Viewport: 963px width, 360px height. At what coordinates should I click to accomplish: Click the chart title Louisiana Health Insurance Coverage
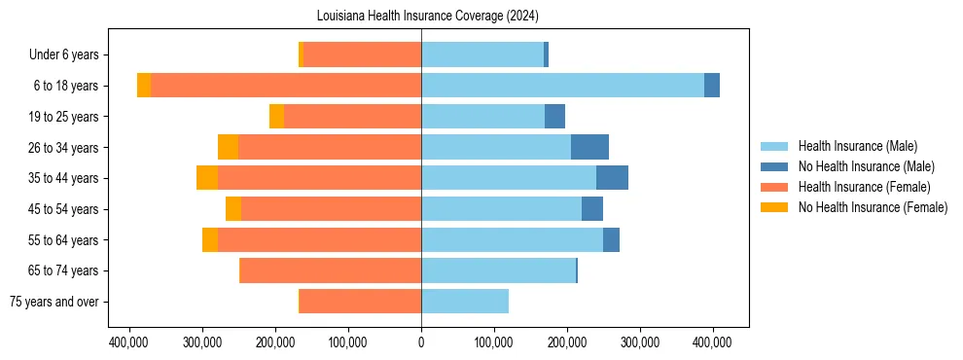[428, 17]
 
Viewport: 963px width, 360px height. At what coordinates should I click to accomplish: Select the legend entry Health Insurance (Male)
[857, 146]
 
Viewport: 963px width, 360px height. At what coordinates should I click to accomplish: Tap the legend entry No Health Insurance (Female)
[873, 207]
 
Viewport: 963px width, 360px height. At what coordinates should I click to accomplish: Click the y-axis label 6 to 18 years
[66, 86]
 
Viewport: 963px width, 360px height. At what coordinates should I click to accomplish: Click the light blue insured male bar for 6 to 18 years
[562, 86]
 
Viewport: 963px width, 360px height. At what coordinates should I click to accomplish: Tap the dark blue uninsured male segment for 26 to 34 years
[589, 147]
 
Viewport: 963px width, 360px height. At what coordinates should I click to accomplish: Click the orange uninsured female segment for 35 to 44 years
[207, 178]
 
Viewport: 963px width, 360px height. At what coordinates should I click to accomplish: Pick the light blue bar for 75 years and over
[465, 302]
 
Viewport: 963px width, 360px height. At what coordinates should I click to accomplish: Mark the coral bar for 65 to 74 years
[331, 270]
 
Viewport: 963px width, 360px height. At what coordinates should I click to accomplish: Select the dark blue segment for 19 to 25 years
[554, 117]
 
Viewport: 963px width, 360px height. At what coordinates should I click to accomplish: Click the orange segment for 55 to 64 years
[210, 239]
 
